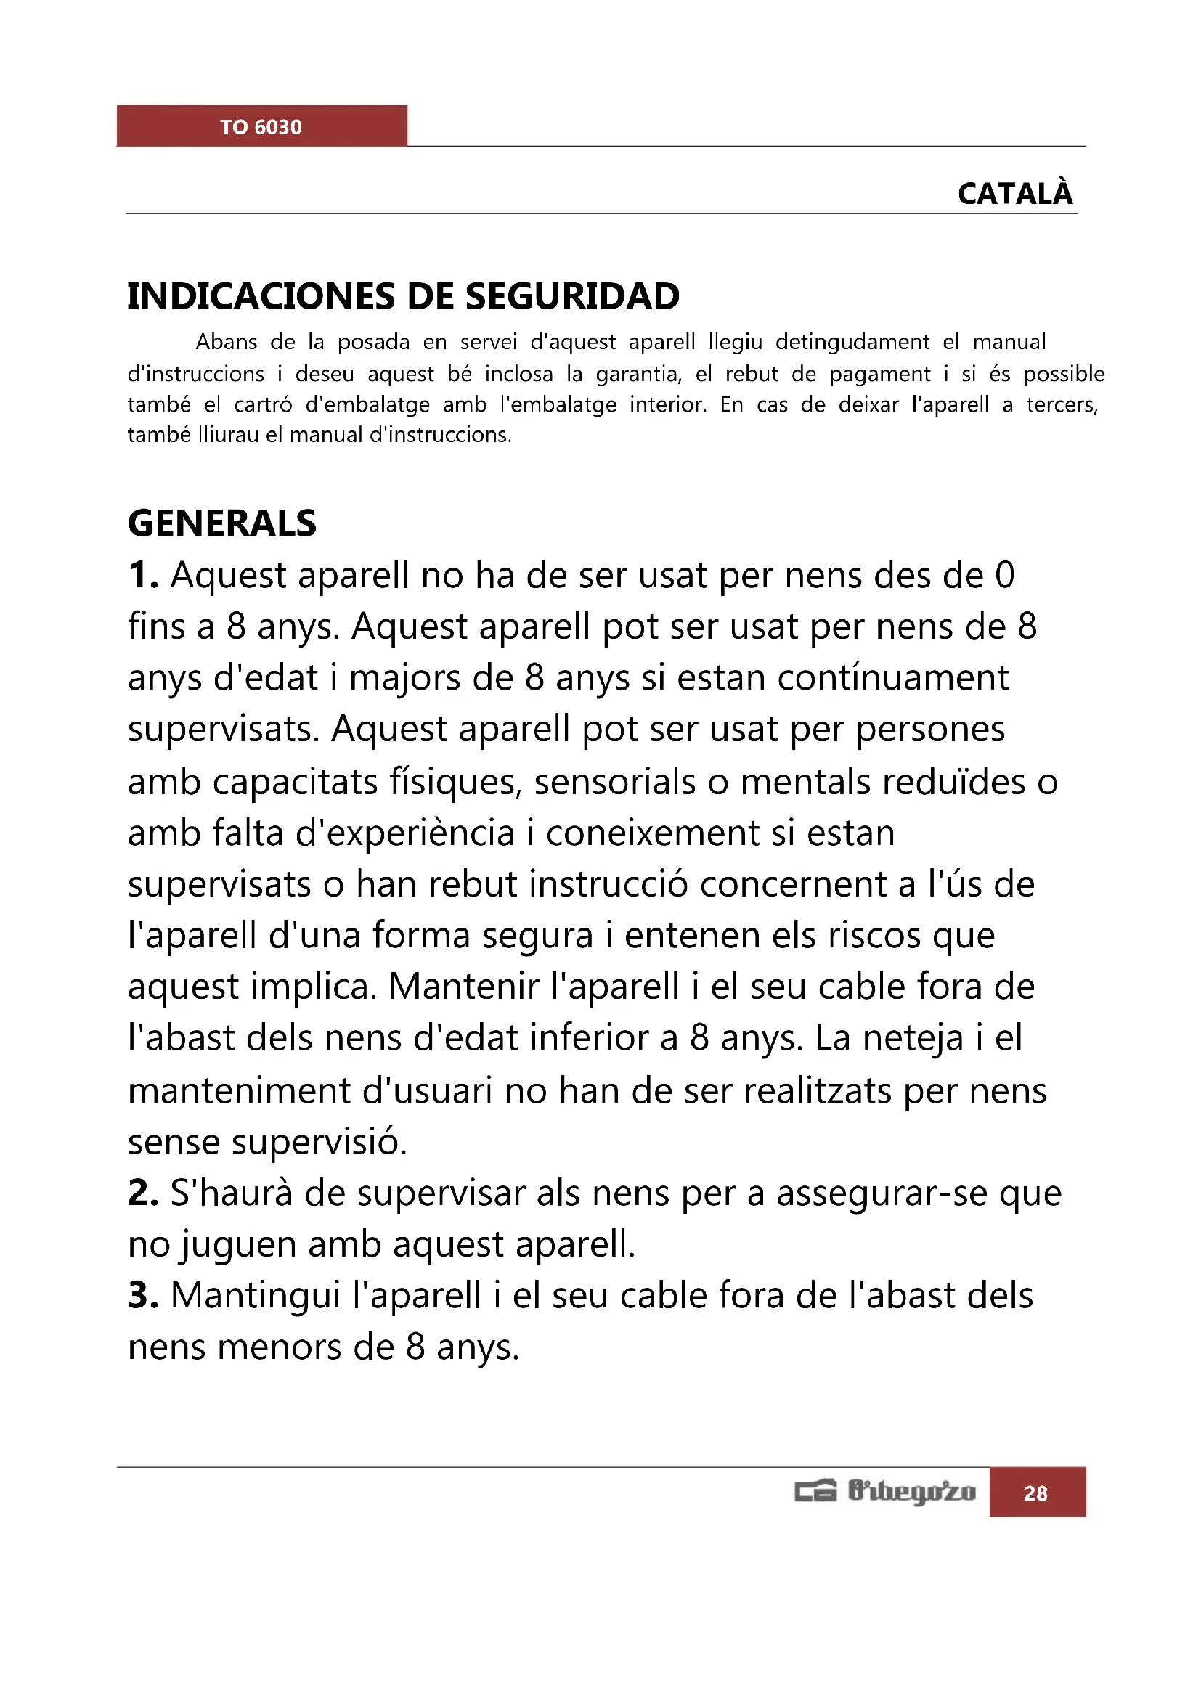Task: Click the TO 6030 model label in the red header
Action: [261, 127]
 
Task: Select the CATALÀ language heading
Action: [1014, 194]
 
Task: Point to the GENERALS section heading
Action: [222, 523]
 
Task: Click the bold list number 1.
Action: [143, 576]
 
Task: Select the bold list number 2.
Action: [143, 1193]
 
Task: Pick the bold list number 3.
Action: [143, 1296]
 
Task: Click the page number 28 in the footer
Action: [1035, 1493]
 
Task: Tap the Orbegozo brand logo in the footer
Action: [886, 1492]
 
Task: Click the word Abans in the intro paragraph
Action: [227, 343]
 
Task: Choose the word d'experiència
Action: [405, 833]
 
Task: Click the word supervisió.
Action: [319, 1142]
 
